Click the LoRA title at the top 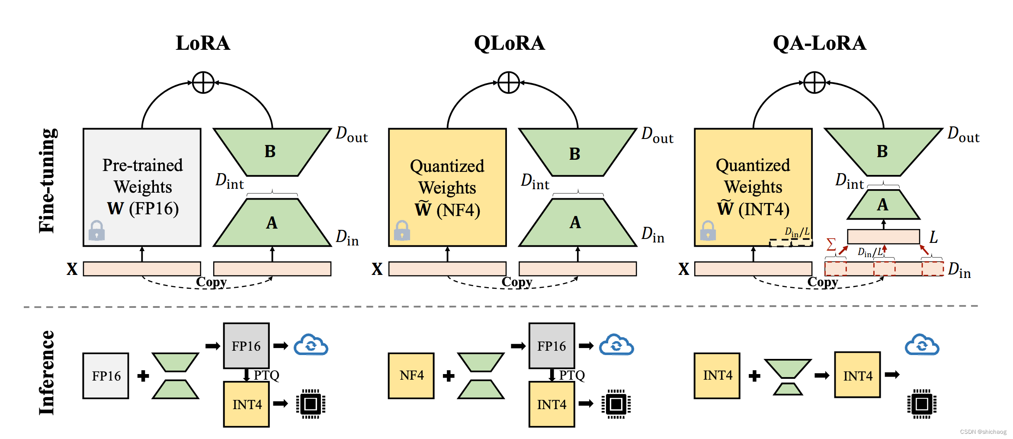point(203,43)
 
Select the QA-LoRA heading point(819,43)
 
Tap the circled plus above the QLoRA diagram point(509,83)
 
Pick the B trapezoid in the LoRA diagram point(272,152)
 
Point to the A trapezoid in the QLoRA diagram point(577,223)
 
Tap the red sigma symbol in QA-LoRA point(831,244)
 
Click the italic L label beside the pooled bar point(933,237)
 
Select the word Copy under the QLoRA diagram point(516,282)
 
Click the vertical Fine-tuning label point(47,181)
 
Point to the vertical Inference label point(47,373)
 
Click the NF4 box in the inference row point(411,375)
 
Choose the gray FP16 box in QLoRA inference point(551,346)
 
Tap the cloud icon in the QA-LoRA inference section point(922,345)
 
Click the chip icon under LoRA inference point(311,404)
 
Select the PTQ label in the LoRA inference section point(266,375)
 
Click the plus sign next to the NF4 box point(449,376)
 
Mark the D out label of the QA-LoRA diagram point(963,135)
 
